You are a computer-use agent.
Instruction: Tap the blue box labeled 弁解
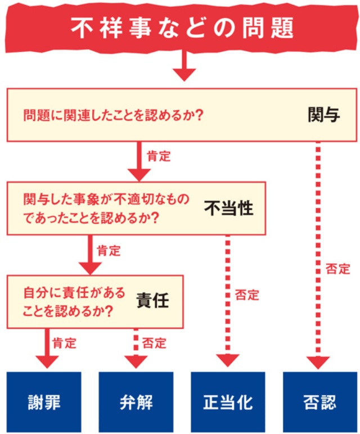pos(136,402)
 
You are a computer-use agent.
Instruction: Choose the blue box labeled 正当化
pos(227,402)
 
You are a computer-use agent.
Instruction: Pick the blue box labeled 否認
pos(318,402)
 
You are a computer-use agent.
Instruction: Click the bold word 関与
pos(323,115)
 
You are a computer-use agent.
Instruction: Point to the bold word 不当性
pos(228,209)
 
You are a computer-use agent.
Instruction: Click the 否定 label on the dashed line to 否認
pos(337,269)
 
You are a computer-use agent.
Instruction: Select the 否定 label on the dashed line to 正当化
pos(247,295)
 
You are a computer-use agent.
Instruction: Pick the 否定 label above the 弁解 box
pos(154,342)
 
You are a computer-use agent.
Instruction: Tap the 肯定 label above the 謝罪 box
pos(64,342)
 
